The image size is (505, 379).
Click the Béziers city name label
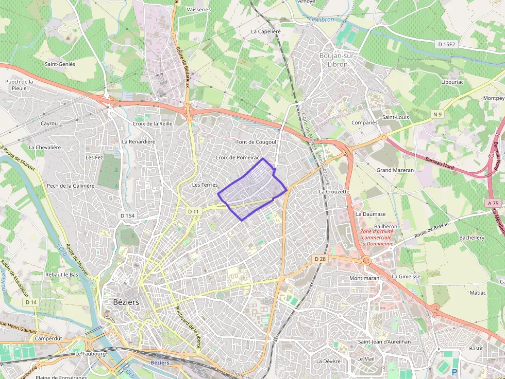point(126,302)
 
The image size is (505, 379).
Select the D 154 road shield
point(126,215)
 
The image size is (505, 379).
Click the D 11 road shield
point(193,211)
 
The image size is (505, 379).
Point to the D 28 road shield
point(319,259)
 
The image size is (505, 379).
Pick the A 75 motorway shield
point(494,203)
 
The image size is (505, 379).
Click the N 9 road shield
point(437,114)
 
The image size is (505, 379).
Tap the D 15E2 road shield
point(447,45)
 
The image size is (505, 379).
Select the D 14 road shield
point(31,302)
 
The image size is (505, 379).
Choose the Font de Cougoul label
point(256,142)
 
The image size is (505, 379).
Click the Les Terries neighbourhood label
point(205,185)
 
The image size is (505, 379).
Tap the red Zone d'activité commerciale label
point(377,238)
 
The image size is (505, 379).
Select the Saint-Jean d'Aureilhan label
point(384,341)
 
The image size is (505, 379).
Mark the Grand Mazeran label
point(395,170)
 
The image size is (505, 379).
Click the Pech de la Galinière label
point(71,186)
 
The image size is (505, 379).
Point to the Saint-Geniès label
point(60,64)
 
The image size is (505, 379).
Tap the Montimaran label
point(364,278)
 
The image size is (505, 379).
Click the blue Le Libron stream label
point(321,20)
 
